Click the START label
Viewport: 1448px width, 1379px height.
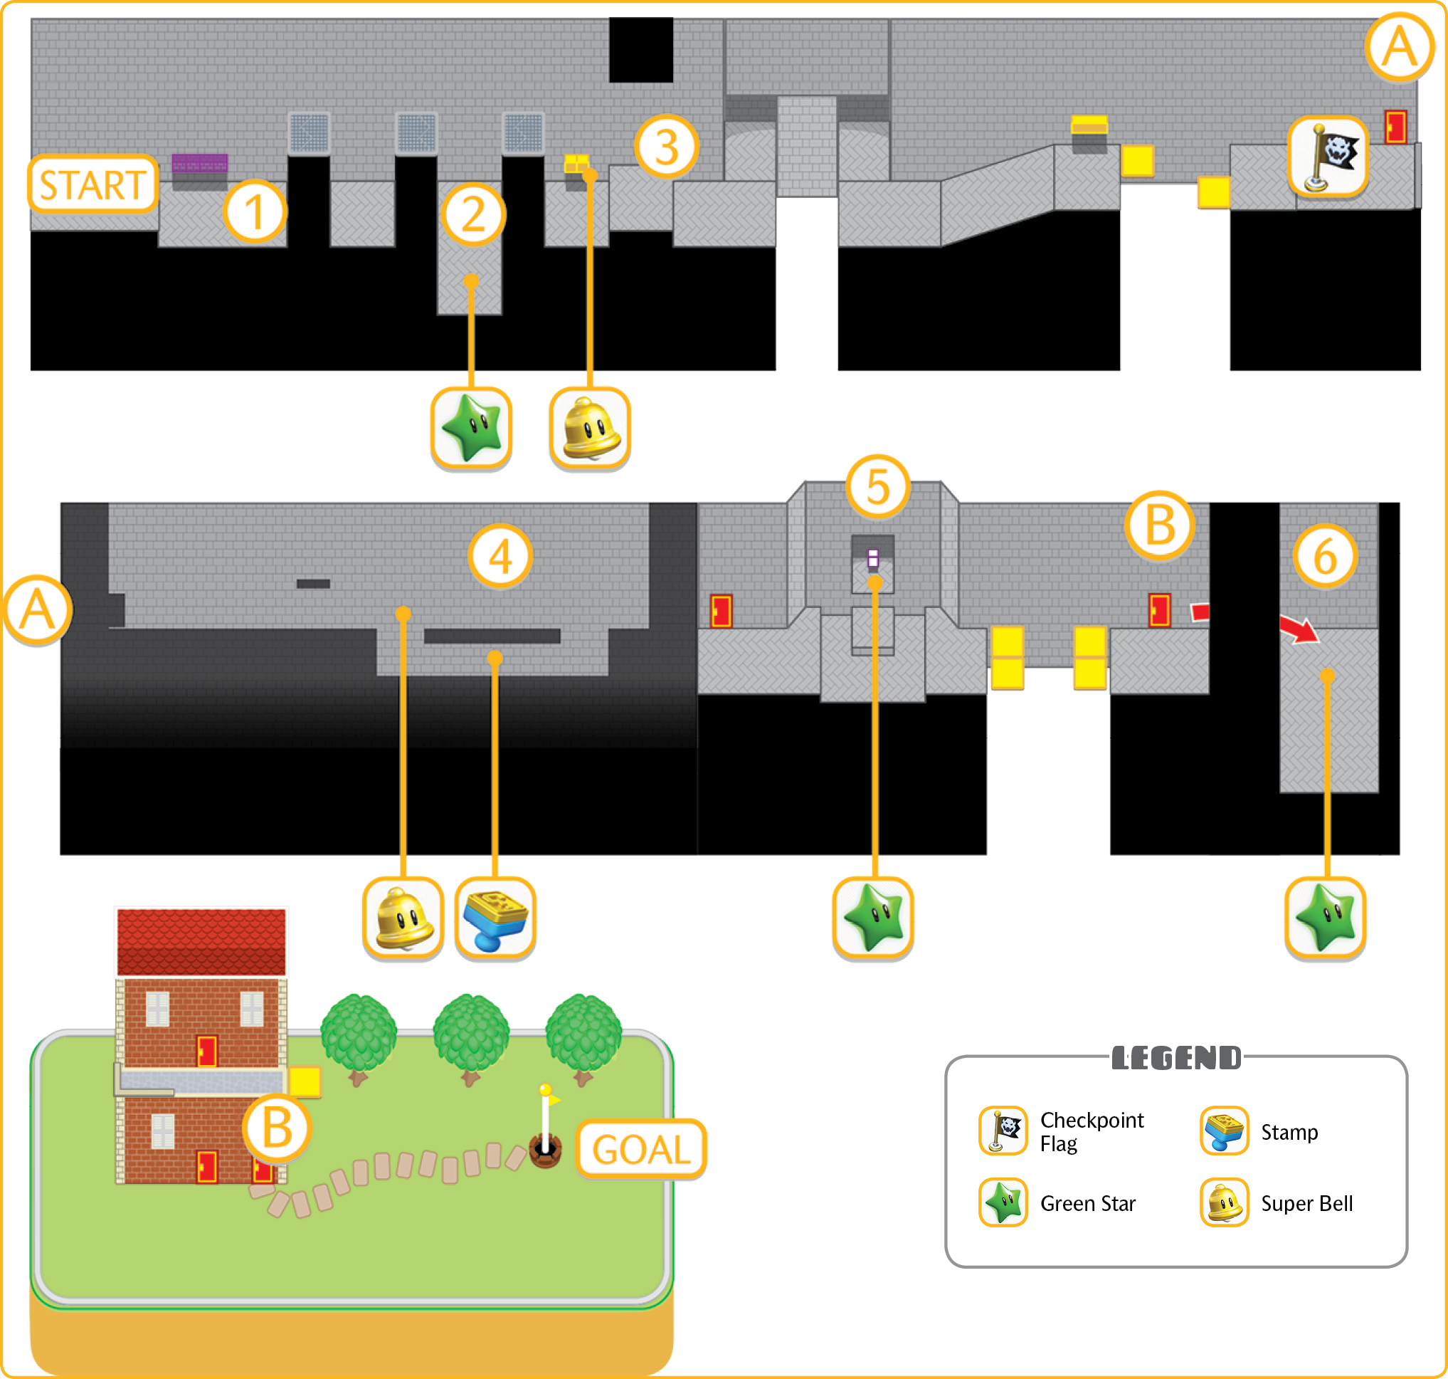[93, 184]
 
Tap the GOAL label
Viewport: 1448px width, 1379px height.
[641, 1149]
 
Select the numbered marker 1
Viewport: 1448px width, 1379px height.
[254, 211]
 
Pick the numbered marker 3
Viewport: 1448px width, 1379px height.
[666, 147]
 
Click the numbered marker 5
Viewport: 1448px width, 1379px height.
[878, 488]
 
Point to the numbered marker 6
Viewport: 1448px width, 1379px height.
[1326, 557]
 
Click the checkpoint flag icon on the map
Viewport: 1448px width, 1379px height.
[1328, 157]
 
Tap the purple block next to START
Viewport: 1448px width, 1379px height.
[199, 163]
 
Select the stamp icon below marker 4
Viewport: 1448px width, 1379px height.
[495, 919]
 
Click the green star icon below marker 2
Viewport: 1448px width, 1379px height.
[471, 429]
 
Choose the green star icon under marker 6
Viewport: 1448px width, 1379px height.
[1326, 919]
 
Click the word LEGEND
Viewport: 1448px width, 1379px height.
[1176, 1058]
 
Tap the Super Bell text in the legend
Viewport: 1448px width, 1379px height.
[1307, 1204]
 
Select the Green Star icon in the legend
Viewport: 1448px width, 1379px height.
[1003, 1202]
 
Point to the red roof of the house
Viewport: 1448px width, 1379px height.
[201, 943]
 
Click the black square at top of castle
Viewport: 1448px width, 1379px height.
[640, 50]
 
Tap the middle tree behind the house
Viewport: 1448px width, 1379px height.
[471, 1039]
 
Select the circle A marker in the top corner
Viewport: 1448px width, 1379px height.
[1400, 47]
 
